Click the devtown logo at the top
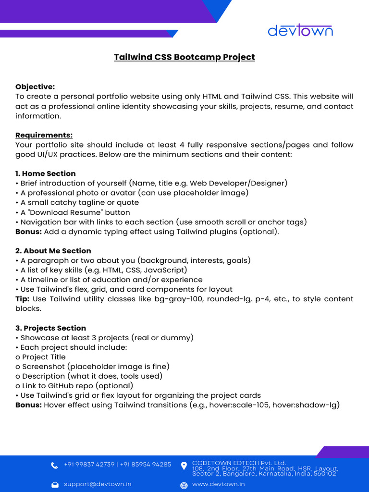(300, 31)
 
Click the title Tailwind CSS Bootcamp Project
(184, 57)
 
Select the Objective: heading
(35, 87)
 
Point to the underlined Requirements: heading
(44, 135)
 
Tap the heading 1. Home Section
(46, 173)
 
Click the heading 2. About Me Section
(53, 251)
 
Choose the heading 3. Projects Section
(51, 328)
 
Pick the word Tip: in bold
(23, 299)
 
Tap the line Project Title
(44, 357)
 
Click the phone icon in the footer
(55, 465)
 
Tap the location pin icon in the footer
(184, 466)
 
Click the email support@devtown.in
(98, 484)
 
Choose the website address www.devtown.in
(218, 484)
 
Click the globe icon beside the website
(184, 485)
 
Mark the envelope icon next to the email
(55, 485)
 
